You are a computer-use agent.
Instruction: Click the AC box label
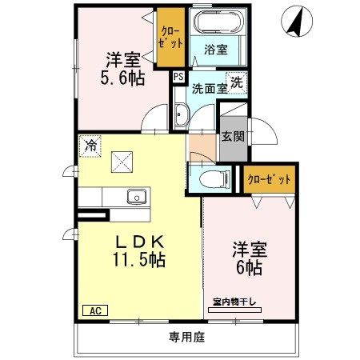93,310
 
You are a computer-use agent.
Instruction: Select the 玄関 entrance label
232,138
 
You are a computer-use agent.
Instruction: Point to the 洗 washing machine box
238,80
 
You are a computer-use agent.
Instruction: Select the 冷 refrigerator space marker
90,146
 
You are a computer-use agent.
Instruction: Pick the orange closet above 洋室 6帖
267,178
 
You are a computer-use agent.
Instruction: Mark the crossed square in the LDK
122,162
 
